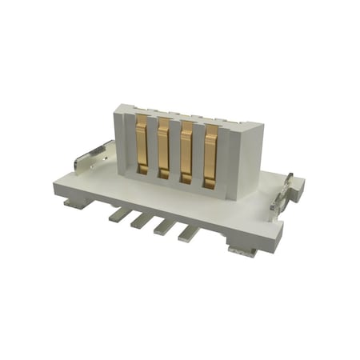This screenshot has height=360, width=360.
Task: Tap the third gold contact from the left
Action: click(187, 154)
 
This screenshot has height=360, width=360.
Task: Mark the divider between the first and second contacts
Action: click(154, 148)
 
